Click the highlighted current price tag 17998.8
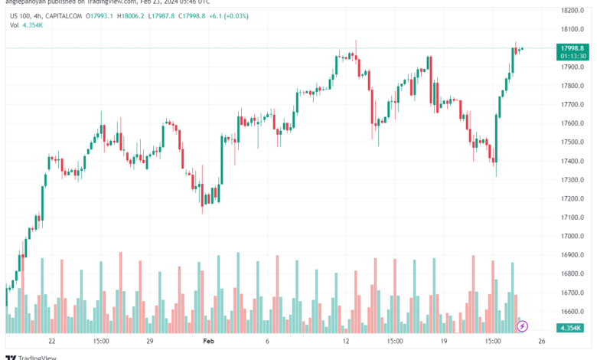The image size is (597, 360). (x=573, y=47)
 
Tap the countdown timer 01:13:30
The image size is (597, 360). (x=573, y=56)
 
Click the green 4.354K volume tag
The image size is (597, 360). (x=572, y=329)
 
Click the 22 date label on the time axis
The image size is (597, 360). (x=51, y=341)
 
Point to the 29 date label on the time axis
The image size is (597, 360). (x=150, y=341)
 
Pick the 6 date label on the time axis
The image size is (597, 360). (x=267, y=341)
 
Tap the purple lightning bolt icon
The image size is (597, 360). (x=523, y=327)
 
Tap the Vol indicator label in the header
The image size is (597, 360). (x=15, y=25)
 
